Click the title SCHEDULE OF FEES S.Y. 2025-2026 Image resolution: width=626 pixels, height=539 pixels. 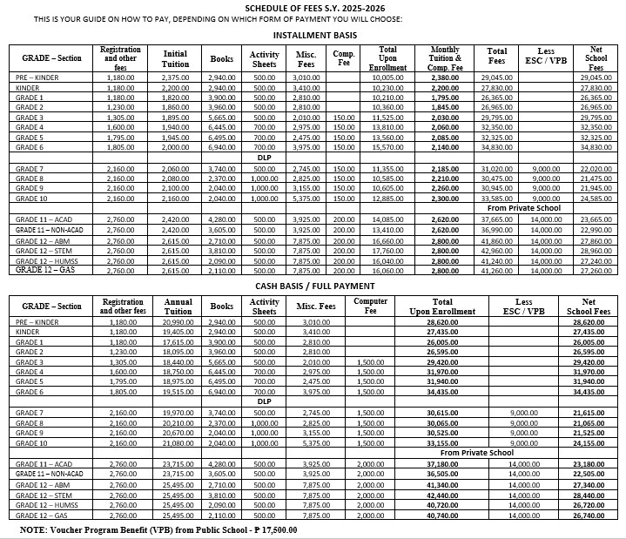tap(314, 7)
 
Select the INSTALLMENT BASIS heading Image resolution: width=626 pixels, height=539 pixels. tap(314, 35)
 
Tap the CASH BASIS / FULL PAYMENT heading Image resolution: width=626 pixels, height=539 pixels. tap(314, 286)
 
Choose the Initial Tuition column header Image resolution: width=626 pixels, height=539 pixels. tap(175, 58)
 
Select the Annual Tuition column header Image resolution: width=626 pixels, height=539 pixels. tap(178, 307)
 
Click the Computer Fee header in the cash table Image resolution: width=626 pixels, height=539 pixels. tap(370, 307)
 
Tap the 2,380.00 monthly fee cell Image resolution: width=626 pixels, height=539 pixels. tap(445, 77)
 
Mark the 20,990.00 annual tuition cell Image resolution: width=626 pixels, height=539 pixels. tap(178, 322)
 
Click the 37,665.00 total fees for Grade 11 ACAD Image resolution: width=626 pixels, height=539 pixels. tap(496, 219)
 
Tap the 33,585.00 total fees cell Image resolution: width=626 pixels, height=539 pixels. tap(496, 199)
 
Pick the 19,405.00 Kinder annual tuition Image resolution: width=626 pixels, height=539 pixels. tap(178, 332)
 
